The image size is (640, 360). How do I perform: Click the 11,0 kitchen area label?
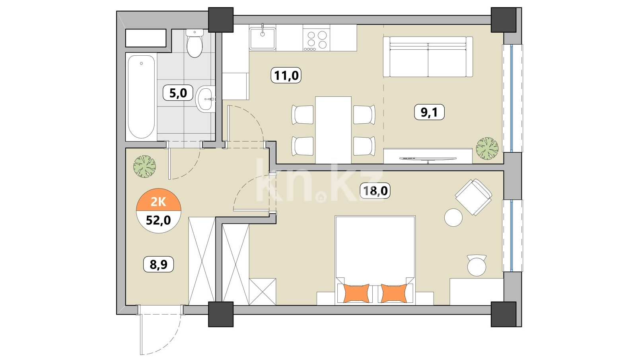[286, 76]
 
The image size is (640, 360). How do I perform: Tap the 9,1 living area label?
[429, 112]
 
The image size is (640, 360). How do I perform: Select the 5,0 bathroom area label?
[178, 93]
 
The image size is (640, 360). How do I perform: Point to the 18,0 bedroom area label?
[375, 191]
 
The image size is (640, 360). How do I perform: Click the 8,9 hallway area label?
[158, 264]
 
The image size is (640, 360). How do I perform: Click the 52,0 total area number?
[158, 220]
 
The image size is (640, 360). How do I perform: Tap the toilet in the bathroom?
[195, 43]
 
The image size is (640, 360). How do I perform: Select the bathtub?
[142, 97]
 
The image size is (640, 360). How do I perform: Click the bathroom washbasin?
[205, 99]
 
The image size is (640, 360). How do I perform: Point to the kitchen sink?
[262, 39]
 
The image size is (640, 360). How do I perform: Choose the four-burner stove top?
[316, 40]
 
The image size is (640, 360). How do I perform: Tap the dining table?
[333, 130]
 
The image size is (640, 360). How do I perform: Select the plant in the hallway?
[144, 167]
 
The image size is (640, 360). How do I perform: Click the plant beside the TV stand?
[487, 148]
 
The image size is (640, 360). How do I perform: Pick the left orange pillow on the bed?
[356, 293]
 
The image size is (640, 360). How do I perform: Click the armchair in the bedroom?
[473, 197]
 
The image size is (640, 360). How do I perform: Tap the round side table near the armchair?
[453, 218]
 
